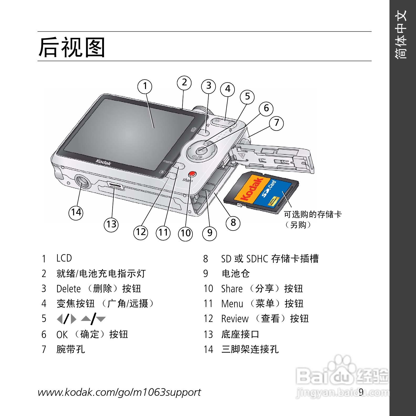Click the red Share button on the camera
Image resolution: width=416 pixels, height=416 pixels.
point(193,174)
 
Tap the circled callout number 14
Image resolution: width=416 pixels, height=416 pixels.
point(76,212)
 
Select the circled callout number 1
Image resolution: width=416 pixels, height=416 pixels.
point(145,86)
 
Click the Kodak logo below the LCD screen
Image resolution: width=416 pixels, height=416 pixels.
point(103,163)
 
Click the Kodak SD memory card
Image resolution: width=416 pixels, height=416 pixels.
point(261,191)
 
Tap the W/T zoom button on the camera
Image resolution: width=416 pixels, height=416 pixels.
point(223,121)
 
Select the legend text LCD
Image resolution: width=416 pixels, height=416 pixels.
point(64,258)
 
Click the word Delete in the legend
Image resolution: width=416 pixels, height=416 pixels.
point(69,289)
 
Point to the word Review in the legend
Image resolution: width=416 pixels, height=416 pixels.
point(235,319)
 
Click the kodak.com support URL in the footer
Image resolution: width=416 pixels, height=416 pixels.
point(119,392)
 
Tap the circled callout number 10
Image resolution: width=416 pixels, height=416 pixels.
point(185,233)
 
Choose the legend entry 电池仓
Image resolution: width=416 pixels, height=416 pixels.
point(236,274)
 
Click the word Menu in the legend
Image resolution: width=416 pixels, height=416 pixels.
point(232,304)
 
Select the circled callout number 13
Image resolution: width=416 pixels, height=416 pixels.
point(111,225)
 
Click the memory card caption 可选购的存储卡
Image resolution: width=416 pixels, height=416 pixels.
point(313,215)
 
